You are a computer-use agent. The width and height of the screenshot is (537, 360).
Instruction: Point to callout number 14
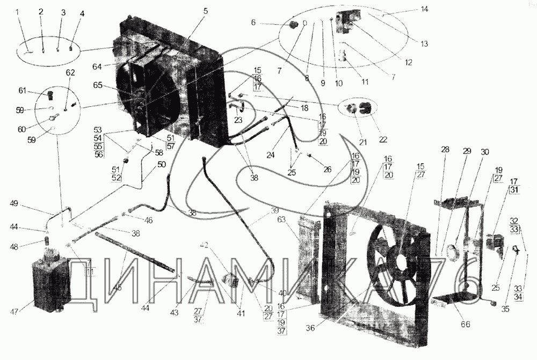tap(425, 9)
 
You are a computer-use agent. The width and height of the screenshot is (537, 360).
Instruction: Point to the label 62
tap(70, 72)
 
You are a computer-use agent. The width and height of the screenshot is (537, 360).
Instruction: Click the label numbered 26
tap(328, 170)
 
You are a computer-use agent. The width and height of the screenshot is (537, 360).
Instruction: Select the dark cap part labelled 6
tap(293, 25)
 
